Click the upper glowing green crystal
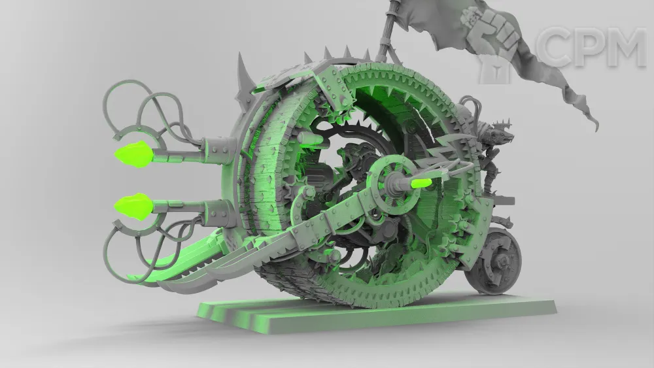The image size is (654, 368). tap(134, 154)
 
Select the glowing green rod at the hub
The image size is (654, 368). tap(422, 182)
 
